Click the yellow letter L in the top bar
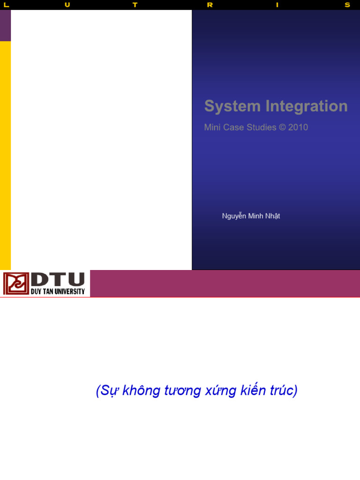6,5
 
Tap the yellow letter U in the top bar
67,5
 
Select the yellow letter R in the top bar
210,5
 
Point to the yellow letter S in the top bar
347,5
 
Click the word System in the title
232,106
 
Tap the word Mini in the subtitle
212,127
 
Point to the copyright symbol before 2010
282,127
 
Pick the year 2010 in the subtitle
298,127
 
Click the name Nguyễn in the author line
234,216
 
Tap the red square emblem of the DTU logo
16,284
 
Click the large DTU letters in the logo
58,280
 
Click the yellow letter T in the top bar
135,5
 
